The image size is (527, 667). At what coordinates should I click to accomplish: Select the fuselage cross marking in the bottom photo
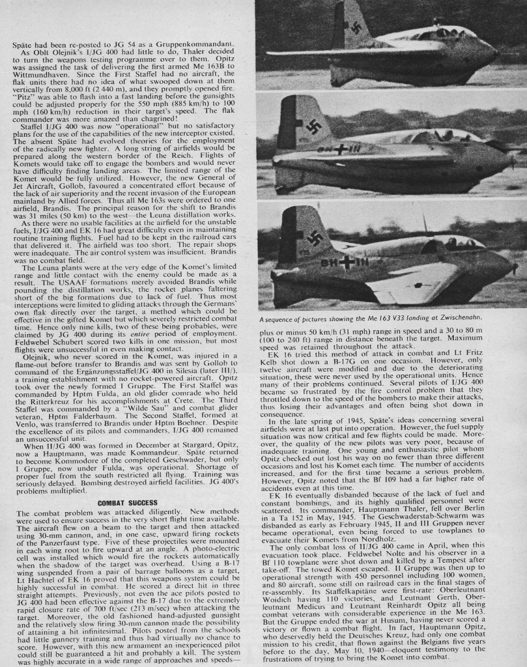345,262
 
